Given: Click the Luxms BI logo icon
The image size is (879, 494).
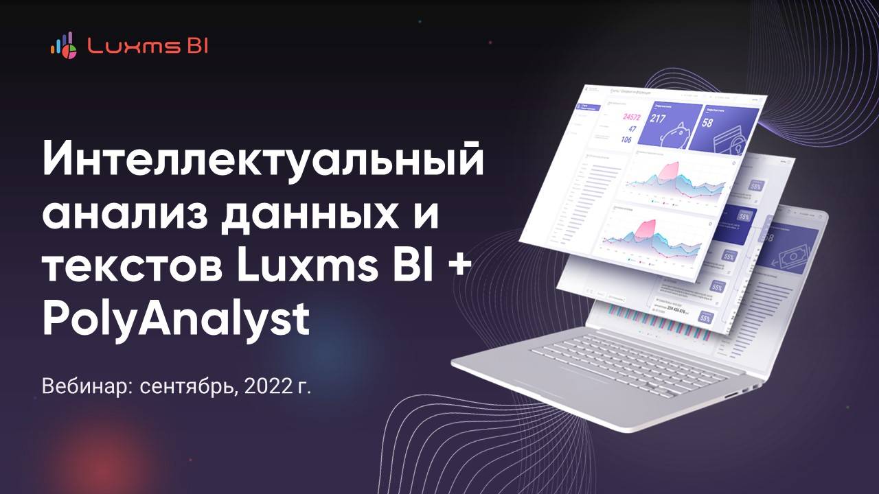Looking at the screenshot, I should pos(64,45).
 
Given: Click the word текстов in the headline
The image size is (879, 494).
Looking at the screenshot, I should pos(130,268).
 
